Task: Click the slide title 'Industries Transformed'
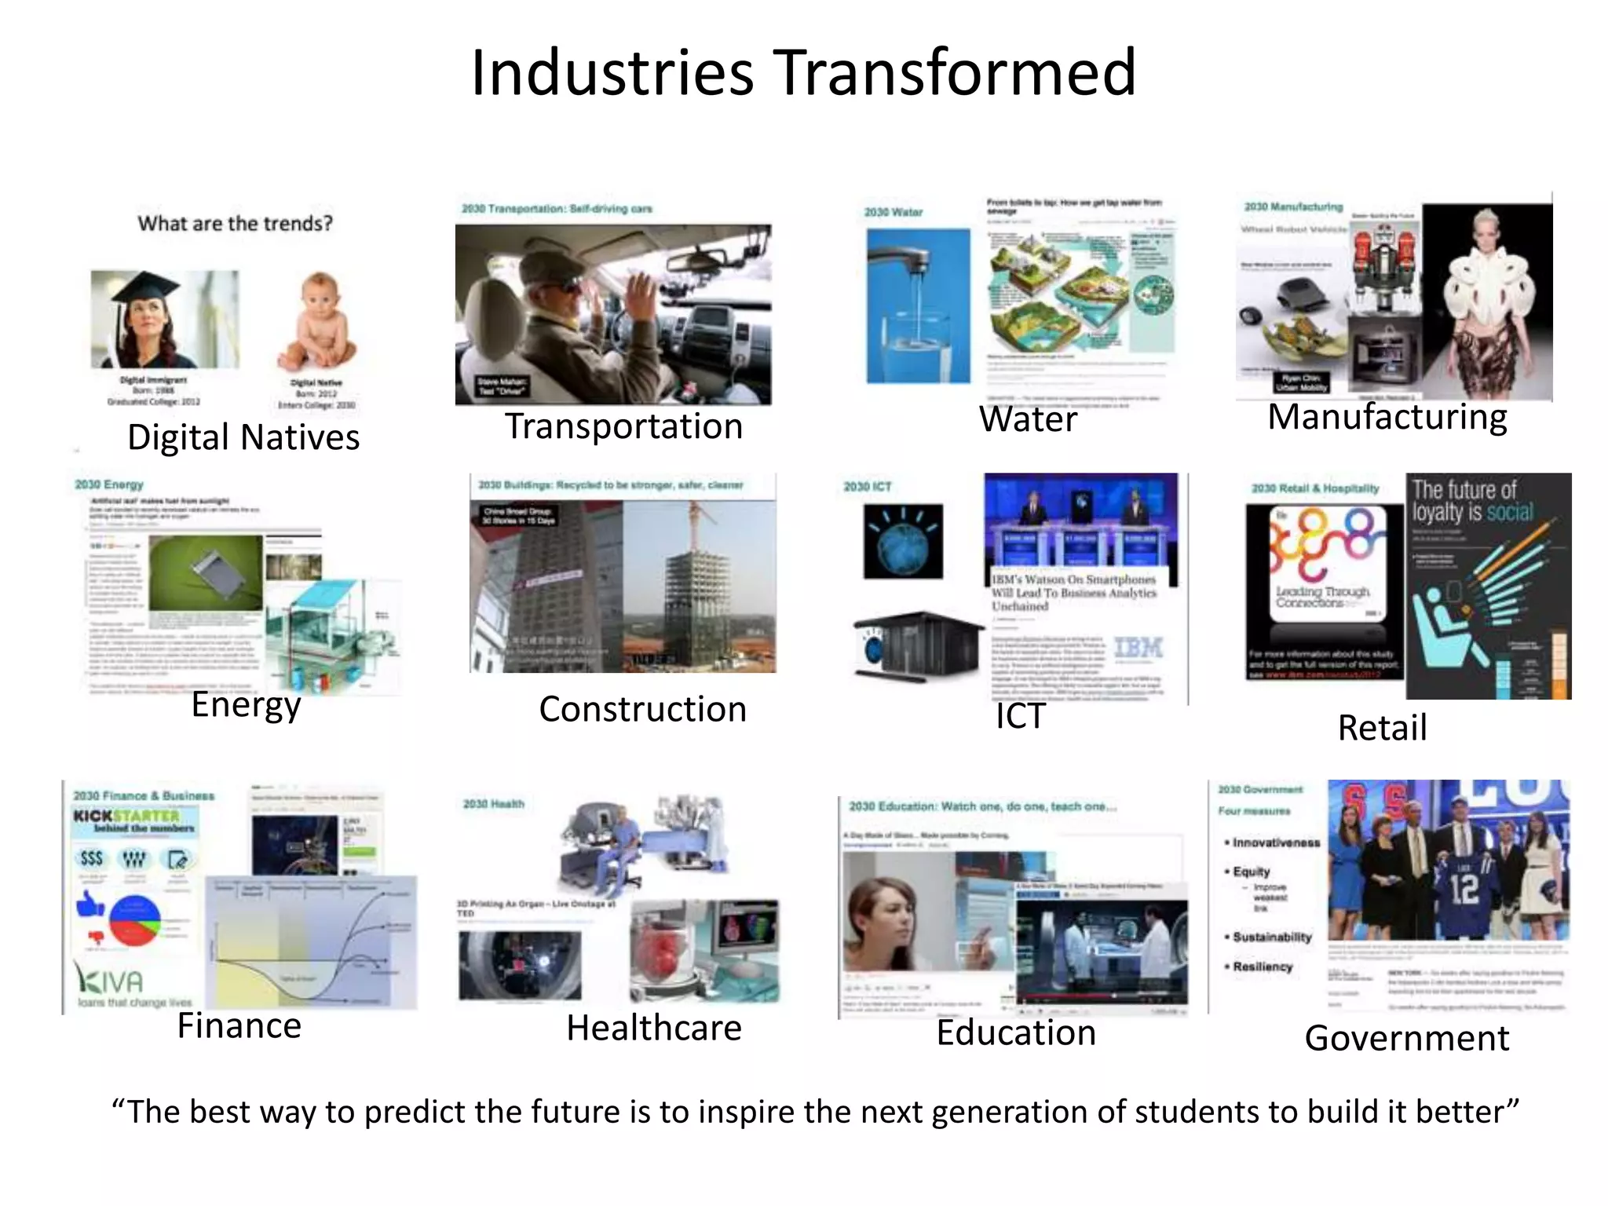click(803, 72)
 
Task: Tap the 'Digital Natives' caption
click(243, 437)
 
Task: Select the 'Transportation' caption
click(623, 426)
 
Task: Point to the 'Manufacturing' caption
click(1387, 416)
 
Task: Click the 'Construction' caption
click(642, 709)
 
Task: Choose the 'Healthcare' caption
click(654, 1028)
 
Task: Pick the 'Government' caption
click(1406, 1038)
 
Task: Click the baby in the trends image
click(319, 322)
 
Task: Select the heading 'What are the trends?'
click(235, 224)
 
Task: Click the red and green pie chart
click(134, 921)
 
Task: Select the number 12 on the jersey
click(1464, 887)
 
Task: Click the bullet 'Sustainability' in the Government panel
click(1272, 937)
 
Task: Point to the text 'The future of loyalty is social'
click(1471, 501)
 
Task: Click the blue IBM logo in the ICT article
click(1138, 648)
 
